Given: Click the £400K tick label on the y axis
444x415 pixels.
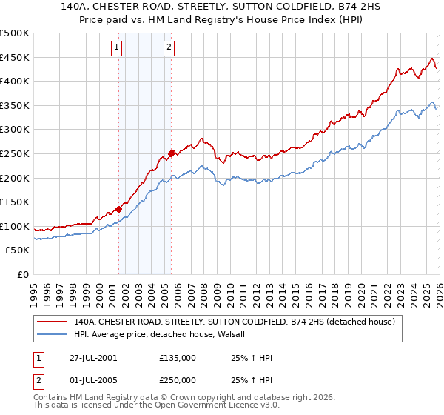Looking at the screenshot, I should click(x=15, y=82).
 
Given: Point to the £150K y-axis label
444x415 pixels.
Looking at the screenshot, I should click(x=15, y=202).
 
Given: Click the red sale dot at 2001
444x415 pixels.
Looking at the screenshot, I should click(x=119, y=209).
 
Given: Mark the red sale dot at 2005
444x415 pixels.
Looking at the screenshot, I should click(x=171, y=154).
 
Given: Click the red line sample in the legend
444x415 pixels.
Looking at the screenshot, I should click(x=53, y=322).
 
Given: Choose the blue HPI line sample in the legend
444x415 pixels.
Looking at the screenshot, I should click(x=53, y=334).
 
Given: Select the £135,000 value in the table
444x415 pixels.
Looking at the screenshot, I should click(x=178, y=358).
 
